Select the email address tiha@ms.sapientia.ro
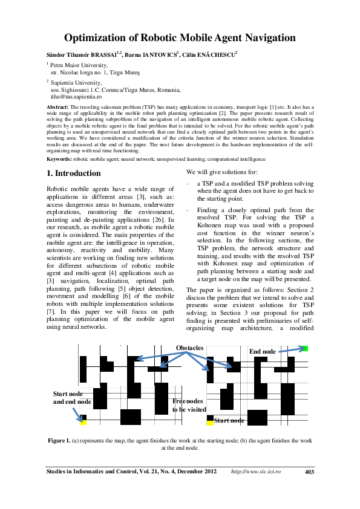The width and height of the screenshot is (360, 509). click(76, 96)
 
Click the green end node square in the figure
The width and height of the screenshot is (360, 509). click(306, 348)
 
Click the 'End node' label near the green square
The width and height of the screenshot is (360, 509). click(262, 351)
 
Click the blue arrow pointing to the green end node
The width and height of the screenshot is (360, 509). click(289, 350)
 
